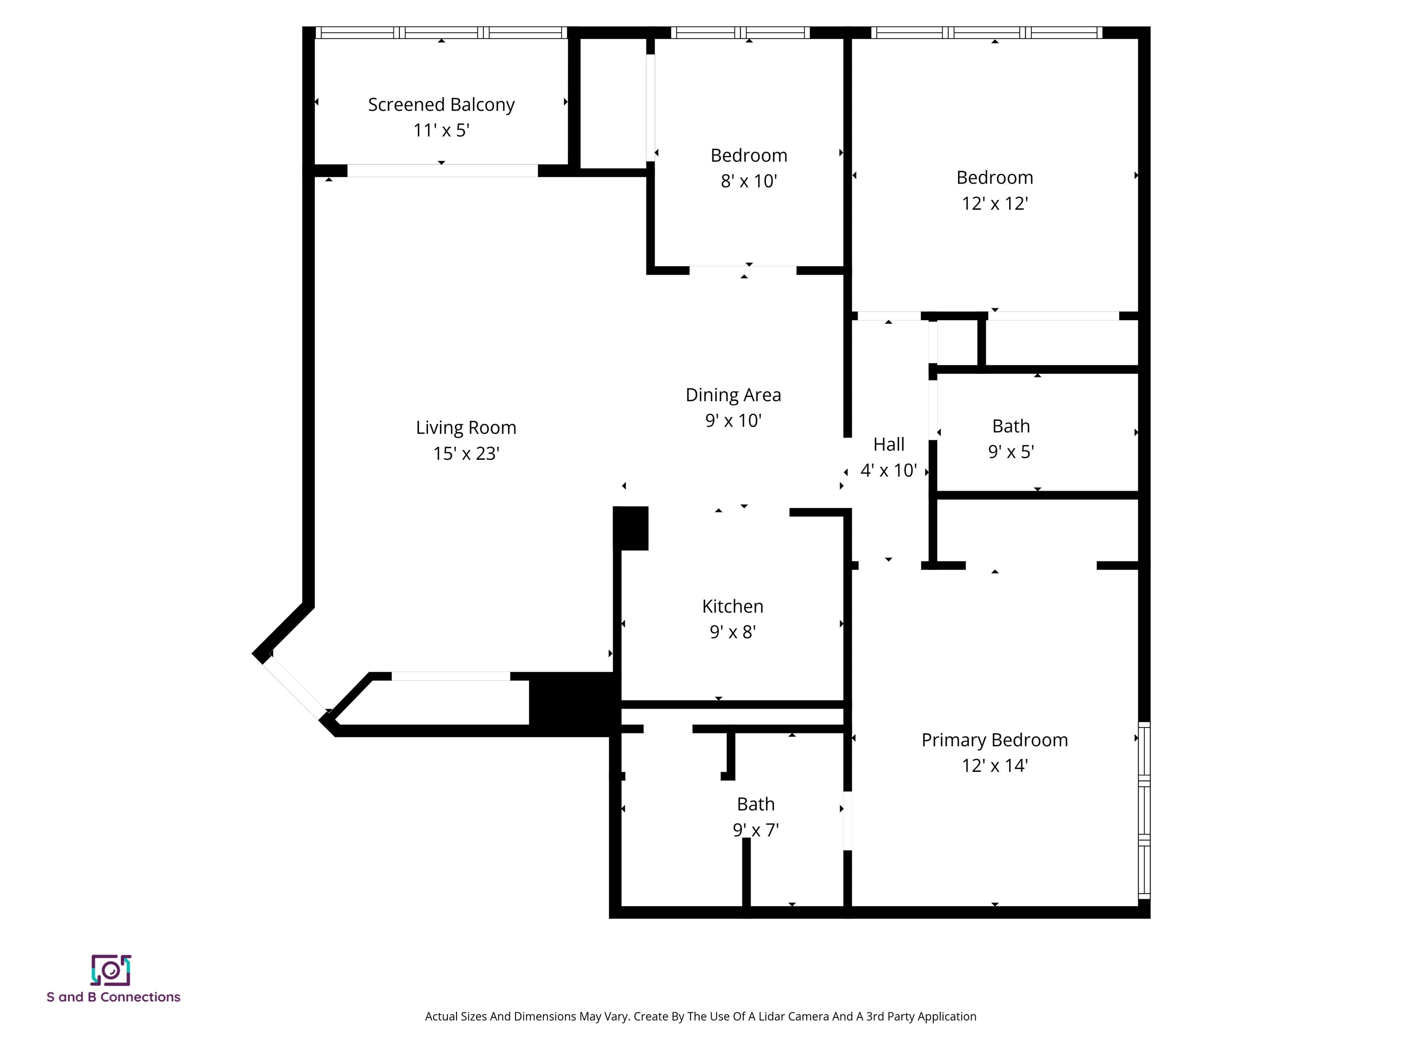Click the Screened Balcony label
(x=441, y=105)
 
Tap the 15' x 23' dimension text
(x=466, y=454)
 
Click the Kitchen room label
(x=732, y=606)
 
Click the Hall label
(x=889, y=445)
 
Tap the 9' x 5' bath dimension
(x=1011, y=452)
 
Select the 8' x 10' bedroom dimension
(x=748, y=181)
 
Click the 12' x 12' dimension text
(x=994, y=204)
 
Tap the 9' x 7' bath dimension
(x=755, y=830)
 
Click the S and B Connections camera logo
(x=111, y=970)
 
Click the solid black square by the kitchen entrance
(x=631, y=527)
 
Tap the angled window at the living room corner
(x=295, y=687)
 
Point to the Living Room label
(x=466, y=428)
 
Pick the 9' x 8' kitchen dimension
(x=732, y=632)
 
